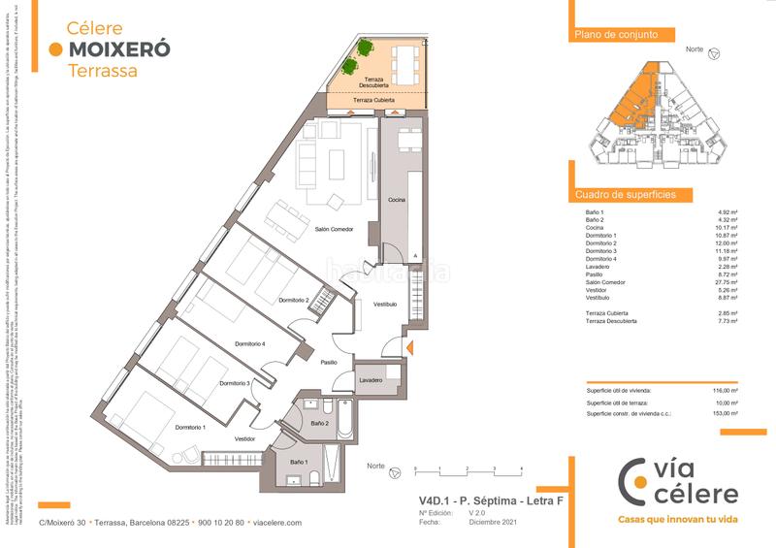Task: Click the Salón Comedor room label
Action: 334,229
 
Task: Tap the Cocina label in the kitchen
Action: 398,199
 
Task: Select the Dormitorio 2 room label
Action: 293,300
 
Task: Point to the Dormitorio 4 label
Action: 249,344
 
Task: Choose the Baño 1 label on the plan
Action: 298,463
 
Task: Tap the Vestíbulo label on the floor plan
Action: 386,304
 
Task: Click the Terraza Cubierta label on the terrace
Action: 374,100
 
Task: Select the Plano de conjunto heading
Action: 610,35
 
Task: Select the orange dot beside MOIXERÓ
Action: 55,48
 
